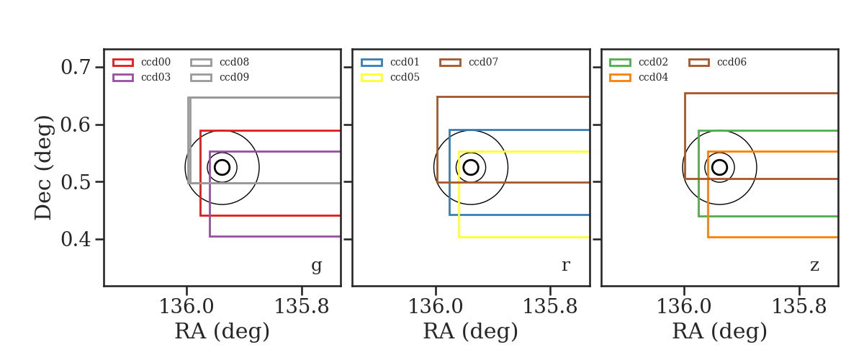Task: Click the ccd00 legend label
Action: tap(156, 62)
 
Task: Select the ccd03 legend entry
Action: tap(142, 78)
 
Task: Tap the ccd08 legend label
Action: tap(234, 62)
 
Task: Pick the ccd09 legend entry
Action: tap(220, 78)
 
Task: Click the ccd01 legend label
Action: tap(405, 62)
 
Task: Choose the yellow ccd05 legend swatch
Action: tap(372, 78)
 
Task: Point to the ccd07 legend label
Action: tap(483, 62)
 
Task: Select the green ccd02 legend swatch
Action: tap(620, 63)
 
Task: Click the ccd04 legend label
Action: tap(653, 78)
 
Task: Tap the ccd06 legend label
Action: tap(732, 62)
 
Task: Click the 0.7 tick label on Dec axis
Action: tap(76, 68)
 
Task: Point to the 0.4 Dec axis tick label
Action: tap(76, 239)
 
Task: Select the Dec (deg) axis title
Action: tap(42, 168)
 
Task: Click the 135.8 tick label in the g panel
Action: tap(301, 307)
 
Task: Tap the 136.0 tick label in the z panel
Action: tap(684, 307)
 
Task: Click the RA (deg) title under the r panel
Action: tap(471, 331)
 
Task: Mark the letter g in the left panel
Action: tap(316, 266)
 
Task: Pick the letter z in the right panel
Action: tap(814, 266)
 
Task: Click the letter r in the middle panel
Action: tap(565, 266)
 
